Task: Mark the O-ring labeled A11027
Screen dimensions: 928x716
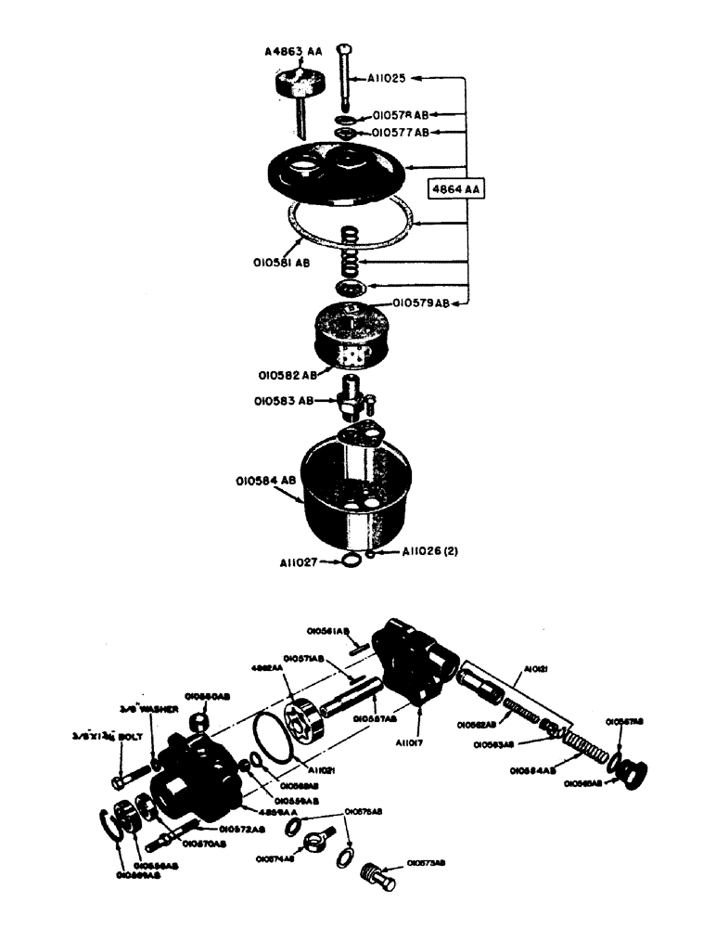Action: tap(348, 561)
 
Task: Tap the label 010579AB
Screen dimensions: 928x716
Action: tap(422, 302)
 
